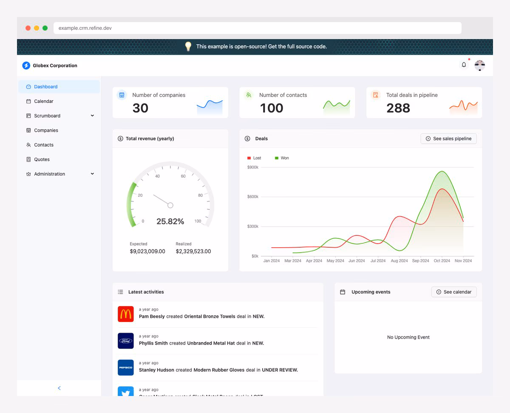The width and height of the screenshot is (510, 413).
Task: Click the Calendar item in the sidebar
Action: pos(43,101)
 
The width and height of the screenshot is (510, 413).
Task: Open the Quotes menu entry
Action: pos(42,159)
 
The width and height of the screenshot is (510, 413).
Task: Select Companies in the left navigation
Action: pos(46,130)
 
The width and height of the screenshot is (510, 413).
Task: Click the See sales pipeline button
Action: pos(448,139)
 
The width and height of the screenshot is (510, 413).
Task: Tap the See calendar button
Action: pos(453,292)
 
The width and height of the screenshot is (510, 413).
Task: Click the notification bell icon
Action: pos(464,65)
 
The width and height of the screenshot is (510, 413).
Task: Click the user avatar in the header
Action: pos(480,65)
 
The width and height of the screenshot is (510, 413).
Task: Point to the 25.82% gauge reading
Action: pos(170,221)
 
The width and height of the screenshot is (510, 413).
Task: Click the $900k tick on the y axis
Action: pos(252,167)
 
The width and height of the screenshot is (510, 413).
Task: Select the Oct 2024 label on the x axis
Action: pos(442,261)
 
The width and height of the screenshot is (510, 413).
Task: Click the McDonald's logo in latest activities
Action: pos(126,314)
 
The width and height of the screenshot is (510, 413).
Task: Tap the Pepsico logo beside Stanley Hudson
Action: pos(126,368)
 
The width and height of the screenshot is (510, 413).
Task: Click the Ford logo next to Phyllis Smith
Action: pos(126,341)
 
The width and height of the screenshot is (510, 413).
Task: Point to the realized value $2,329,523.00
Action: pos(193,251)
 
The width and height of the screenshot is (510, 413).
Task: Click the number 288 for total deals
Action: pos(398,108)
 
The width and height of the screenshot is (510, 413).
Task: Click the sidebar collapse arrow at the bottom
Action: pos(59,388)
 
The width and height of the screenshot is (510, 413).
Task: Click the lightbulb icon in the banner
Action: pos(188,47)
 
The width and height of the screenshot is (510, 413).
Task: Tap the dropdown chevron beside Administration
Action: pos(92,174)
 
